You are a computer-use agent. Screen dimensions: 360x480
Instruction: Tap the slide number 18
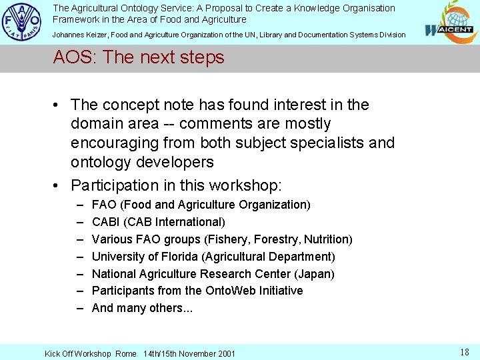[465, 352]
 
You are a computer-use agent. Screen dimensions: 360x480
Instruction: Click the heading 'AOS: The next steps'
[139, 57]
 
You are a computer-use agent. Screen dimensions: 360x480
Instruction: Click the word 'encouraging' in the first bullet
[111, 143]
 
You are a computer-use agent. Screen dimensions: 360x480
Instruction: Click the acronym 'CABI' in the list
[106, 222]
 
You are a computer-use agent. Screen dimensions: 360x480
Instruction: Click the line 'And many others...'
[142, 308]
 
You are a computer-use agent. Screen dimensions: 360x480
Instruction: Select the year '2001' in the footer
[225, 353]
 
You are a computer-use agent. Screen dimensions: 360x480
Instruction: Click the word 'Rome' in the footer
[125, 353]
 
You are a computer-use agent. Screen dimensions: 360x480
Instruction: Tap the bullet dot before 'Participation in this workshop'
[59, 185]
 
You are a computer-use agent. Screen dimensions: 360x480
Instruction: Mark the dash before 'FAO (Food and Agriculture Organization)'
[79, 205]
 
